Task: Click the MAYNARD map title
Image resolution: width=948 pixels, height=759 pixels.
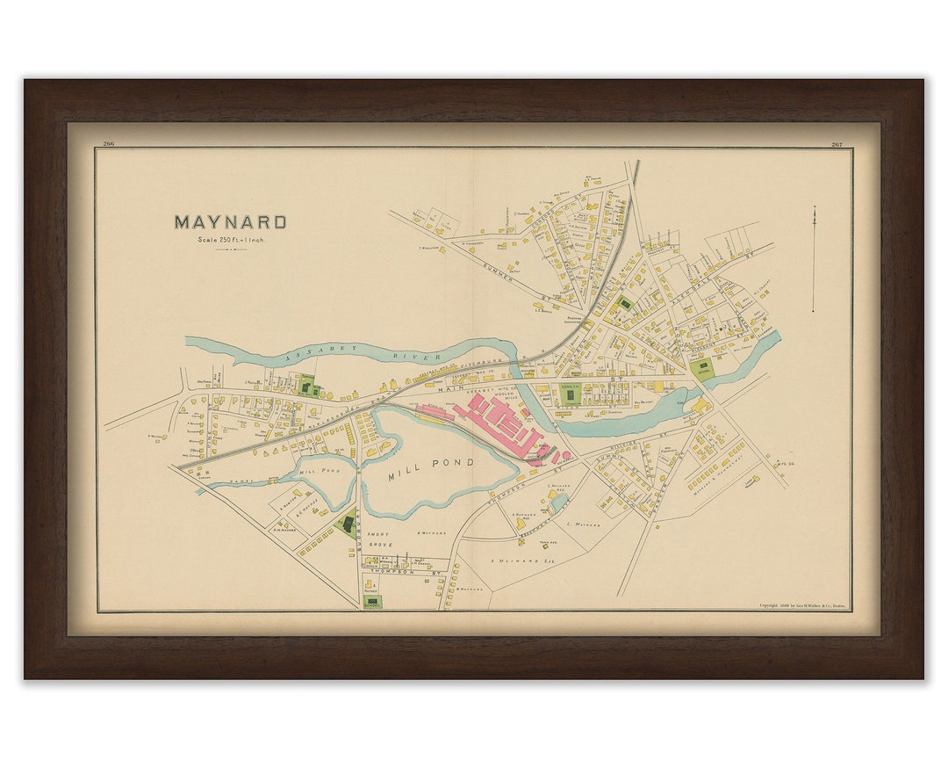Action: pyautogui.click(x=230, y=222)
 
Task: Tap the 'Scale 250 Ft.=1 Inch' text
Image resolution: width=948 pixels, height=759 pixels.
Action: pyautogui.click(x=231, y=239)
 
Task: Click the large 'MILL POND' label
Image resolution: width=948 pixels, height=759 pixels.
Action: pyautogui.click(x=431, y=463)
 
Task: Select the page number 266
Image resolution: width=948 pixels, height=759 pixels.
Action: pyautogui.click(x=109, y=144)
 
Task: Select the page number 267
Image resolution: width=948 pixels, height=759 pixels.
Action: pyautogui.click(x=837, y=144)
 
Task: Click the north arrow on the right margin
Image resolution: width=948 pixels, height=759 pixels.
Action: pyautogui.click(x=813, y=259)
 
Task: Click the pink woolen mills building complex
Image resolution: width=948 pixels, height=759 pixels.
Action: pyautogui.click(x=500, y=422)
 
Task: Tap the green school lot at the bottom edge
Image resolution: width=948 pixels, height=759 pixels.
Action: pyautogui.click(x=373, y=603)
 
